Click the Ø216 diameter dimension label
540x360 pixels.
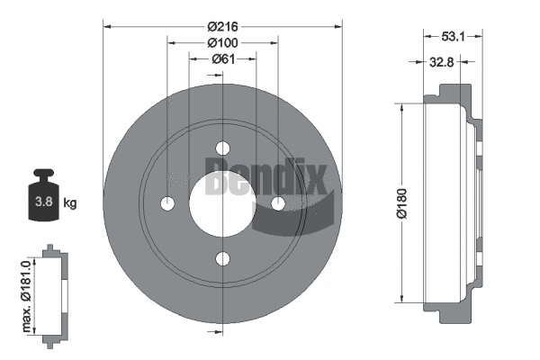pyautogui.click(x=221, y=27)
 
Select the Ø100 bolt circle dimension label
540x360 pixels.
pyautogui.click(x=221, y=43)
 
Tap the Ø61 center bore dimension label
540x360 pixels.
pyautogui.click(x=223, y=59)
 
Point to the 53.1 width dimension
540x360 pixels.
pyautogui.click(x=454, y=38)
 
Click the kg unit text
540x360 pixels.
pyautogui.click(x=69, y=203)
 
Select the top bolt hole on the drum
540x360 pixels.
pyautogui.click(x=222, y=149)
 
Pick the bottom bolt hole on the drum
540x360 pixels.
pyautogui.click(x=222, y=259)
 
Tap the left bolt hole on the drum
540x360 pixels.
pyautogui.click(x=167, y=204)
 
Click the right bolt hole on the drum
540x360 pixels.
pyautogui.click(x=277, y=204)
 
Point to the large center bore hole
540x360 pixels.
pyautogui.click(x=222, y=204)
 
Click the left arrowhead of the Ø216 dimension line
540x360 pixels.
pyautogui.click(x=108, y=27)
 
